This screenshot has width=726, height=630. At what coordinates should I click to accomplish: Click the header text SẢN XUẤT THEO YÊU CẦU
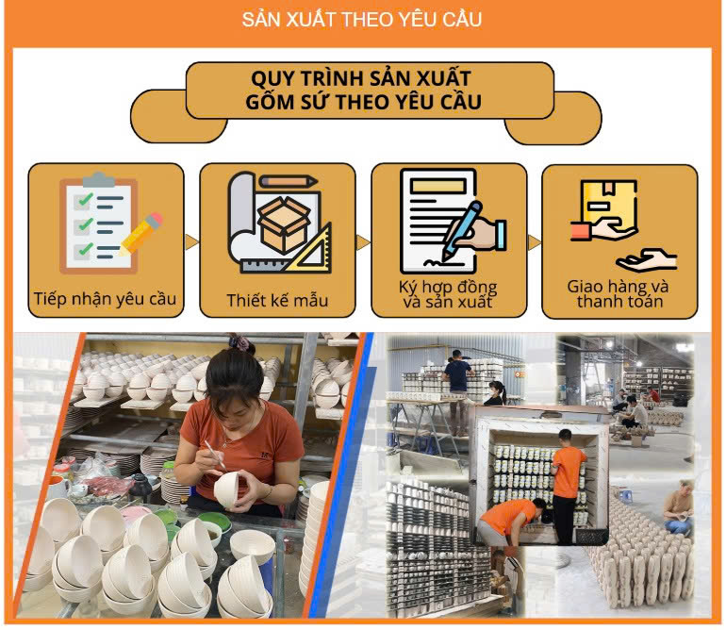(362, 20)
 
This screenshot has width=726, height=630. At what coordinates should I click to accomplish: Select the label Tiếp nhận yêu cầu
(105, 299)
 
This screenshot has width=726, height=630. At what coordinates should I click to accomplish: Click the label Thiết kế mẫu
(277, 300)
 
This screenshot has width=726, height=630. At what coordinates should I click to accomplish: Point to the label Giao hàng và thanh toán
(619, 293)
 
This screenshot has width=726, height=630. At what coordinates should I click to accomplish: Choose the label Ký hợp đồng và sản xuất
(448, 294)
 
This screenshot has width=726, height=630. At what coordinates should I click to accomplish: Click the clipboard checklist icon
(99, 224)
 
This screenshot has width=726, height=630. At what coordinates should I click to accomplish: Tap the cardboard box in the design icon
(284, 224)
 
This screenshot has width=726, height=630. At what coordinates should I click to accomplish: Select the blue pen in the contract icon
(462, 230)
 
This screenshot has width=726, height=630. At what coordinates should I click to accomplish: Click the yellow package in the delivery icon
(609, 203)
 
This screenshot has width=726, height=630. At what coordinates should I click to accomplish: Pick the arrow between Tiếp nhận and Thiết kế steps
(191, 241)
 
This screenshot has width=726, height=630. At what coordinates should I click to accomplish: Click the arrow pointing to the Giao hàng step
(534, 242)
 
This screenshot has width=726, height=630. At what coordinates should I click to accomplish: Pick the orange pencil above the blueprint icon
(288, 181)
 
